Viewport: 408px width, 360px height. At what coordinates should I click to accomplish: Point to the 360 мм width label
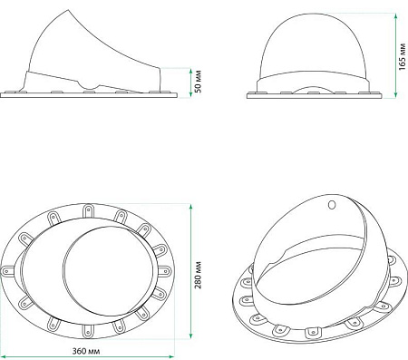(x=88, y=350)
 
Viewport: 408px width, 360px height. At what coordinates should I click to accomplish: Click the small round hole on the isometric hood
(x=332, y=204)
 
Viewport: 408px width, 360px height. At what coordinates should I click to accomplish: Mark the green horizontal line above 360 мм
(x=88, y=340)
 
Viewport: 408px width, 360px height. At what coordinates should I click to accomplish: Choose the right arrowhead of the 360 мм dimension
(x=172, y=340)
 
